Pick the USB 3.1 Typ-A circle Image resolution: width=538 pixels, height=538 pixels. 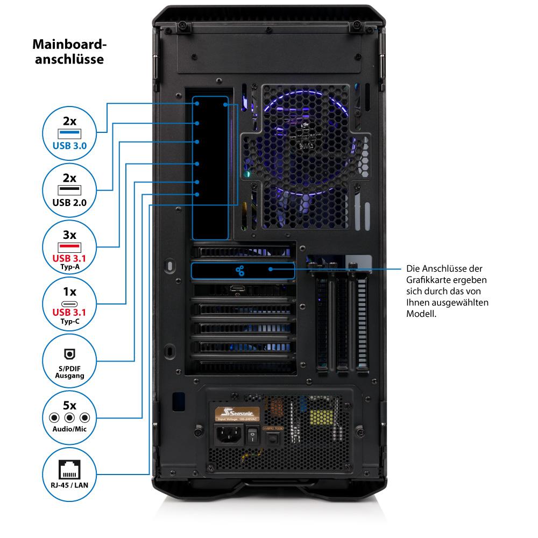coord(69,247)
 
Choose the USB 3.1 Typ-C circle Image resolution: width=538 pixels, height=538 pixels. coord(69,305)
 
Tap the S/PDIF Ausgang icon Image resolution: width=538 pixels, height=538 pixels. coord(69,361)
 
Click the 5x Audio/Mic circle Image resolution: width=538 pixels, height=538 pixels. coord(69,418)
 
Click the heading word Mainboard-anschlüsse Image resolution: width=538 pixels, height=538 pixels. coord(69,51)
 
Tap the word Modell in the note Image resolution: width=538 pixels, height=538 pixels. coord(420,313)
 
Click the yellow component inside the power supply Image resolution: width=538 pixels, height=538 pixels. coord(322,415)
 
